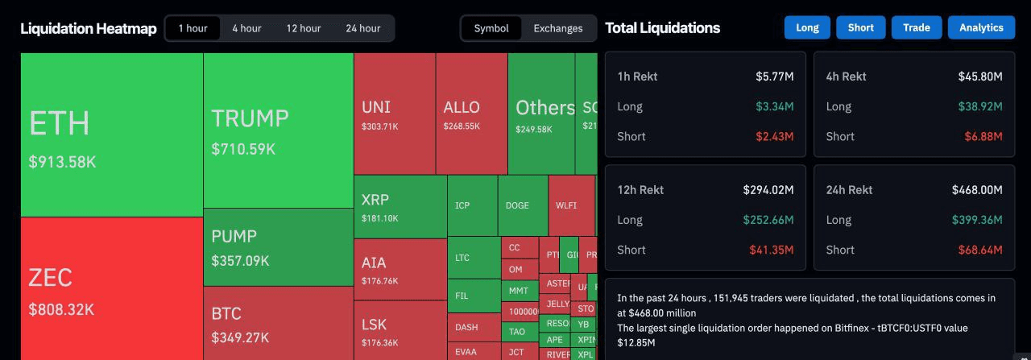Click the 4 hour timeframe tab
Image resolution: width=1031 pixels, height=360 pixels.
[246, 28]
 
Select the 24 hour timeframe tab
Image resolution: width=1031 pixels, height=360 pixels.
[362, 28]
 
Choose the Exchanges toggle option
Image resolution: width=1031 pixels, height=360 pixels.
[557, 28]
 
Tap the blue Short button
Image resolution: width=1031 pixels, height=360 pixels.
[860, 27]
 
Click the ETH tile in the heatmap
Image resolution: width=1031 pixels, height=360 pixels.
[111, 134]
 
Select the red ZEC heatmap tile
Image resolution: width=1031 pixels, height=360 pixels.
[111, 290]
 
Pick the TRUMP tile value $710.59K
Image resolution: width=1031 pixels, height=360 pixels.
[243, 149]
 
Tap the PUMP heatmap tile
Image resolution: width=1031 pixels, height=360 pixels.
[278, 247]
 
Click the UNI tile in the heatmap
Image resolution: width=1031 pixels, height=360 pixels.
[395, 114]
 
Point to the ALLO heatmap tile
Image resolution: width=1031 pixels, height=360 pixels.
[471, 114]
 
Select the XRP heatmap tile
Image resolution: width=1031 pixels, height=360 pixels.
[400, 206]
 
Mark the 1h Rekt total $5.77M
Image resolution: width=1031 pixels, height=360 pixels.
[774, 77]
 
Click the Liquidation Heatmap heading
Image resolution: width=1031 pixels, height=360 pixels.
[89, 28]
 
